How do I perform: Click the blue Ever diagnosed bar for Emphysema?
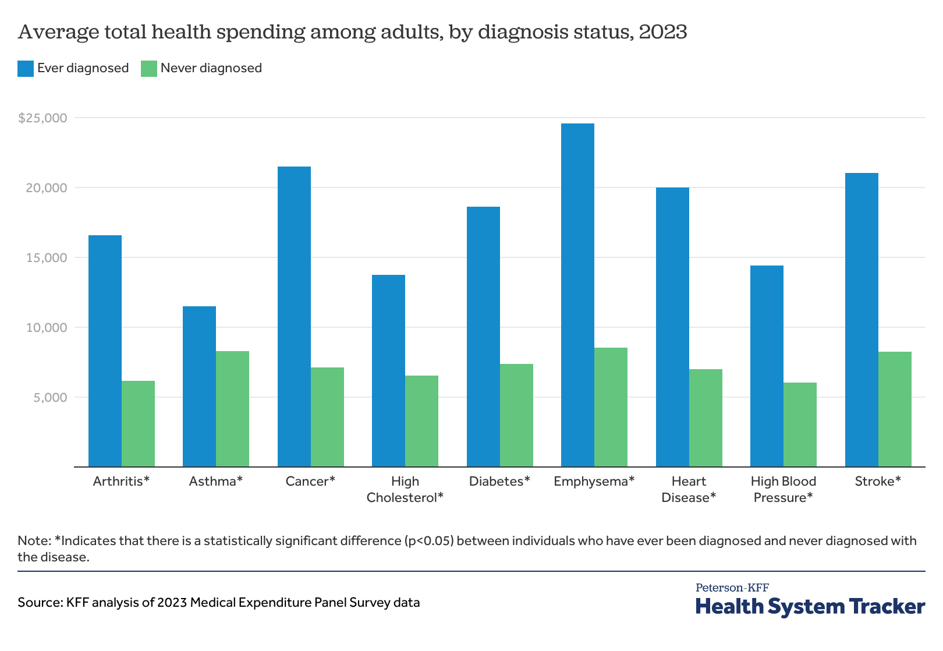pos(577,295)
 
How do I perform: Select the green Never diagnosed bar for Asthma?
pos(232,409)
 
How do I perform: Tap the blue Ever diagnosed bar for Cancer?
pos(294,316)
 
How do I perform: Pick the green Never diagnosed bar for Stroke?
pos(895,409)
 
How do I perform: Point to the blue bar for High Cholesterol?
pos(388,370)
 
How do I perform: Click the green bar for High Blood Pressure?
pos(800,424)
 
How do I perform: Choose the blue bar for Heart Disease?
pos(672,327)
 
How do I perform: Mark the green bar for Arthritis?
pos(138,423)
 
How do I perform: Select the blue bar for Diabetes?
pos(483,337)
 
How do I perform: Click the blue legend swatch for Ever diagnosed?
pos(26,68)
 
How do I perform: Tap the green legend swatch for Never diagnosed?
pos(149,68)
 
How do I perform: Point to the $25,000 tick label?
pos(42,118)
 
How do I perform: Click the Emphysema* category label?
pos(594,482)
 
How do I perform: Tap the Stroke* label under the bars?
pos(878,482)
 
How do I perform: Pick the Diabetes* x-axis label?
pos(499,482)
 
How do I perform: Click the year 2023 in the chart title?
pos(662,31)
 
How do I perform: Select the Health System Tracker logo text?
pos(810,607)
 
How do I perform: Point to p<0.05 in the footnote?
pos(428,541)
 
